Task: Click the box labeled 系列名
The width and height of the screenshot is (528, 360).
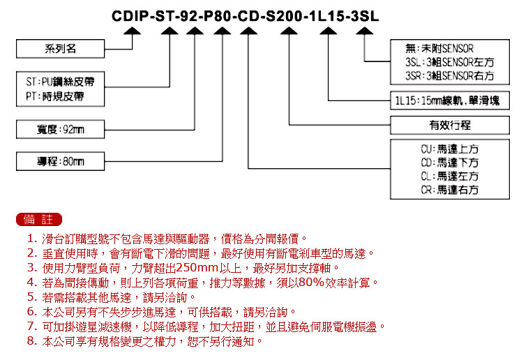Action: [60, 49]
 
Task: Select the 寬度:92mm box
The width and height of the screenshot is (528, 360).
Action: [60, 129]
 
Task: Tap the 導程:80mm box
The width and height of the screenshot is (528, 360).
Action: [60, 161]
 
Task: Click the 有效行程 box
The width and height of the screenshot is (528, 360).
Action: [450, 126]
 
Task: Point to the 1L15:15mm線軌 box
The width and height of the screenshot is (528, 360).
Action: [450, 100]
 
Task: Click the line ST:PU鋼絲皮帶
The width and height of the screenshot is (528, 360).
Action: [60, 82]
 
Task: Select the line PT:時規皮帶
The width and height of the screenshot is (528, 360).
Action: [55, 97]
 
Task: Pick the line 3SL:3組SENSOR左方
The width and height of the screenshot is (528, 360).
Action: [450, 62]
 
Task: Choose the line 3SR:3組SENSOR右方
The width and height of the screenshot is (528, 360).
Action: [450, 76]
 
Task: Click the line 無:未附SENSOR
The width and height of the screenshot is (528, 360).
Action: [439, 49]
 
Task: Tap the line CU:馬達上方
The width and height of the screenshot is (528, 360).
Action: [450, 149]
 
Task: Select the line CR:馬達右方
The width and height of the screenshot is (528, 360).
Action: [450, 190]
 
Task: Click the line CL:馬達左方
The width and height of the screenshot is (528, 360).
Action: [450, 176]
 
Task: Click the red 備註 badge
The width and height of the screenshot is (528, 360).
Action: [39, 220]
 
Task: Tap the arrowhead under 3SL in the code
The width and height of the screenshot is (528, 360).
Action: [364, 31]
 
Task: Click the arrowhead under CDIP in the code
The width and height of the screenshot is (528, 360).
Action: [132, 31]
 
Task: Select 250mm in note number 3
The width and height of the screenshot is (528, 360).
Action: [197, 268]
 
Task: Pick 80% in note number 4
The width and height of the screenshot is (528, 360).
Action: [311, 282]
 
